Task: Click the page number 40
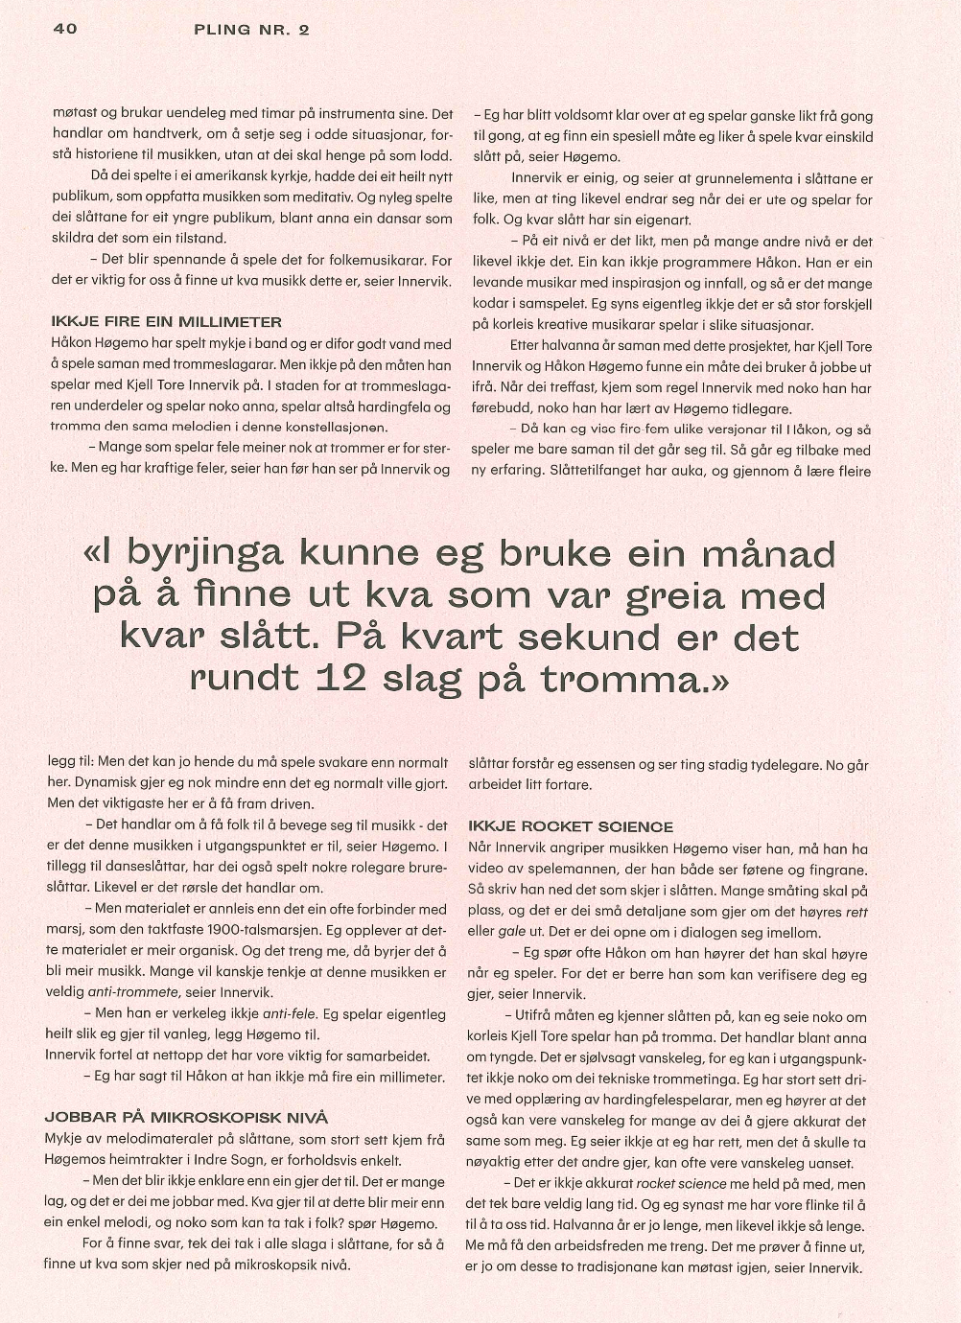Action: click(65, 29)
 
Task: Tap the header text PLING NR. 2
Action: click(251, 30)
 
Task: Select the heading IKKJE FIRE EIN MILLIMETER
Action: click(166, 322)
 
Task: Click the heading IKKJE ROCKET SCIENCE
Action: click(571, 826)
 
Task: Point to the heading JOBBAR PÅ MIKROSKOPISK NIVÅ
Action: click(186, 1117)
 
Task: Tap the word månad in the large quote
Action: click(768, 554)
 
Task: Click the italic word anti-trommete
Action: click(133, 992)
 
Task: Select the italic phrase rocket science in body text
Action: click(682, 1184)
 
